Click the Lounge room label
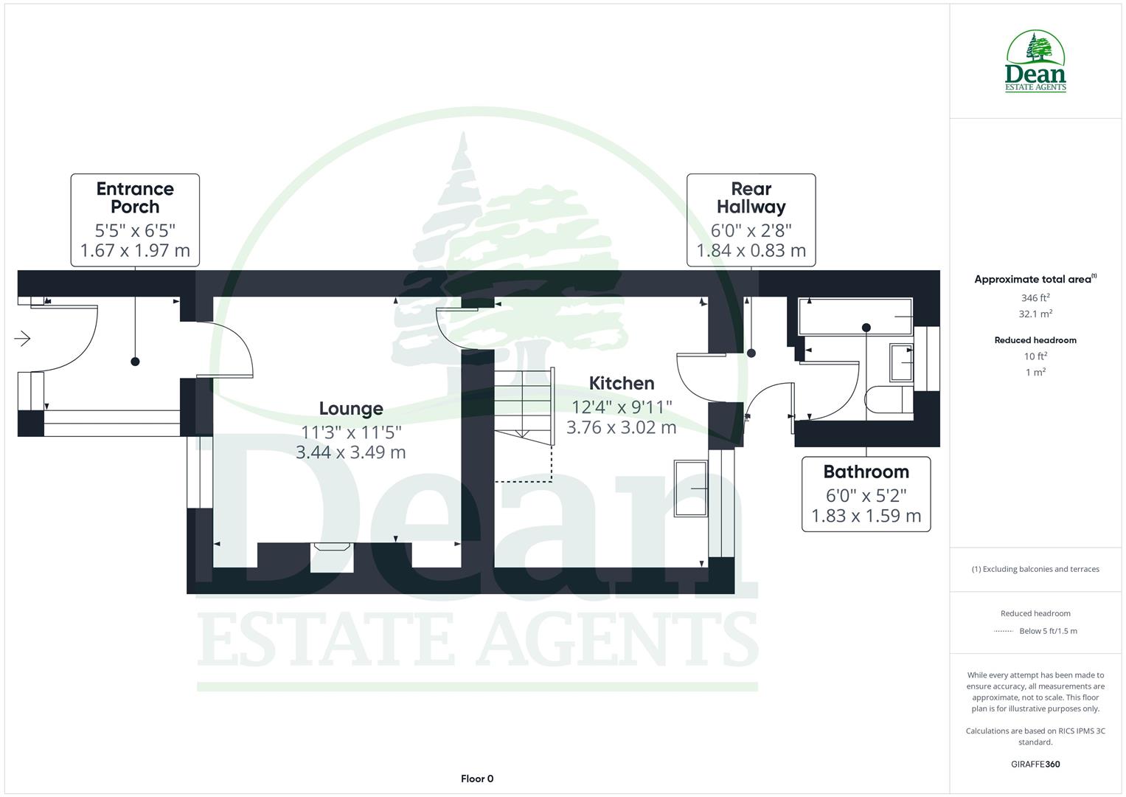tap(350, 408)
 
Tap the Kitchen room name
tap(622, 383)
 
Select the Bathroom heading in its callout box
tap(866, 472)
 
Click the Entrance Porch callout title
tap(135, 198)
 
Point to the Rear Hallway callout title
tap(751, 198)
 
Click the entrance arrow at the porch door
tap(22, 339)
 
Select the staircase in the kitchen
tap(523, 406)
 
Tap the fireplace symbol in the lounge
tap(331, 548)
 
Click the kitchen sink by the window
tap(690, 489)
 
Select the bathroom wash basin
tap(900, 362)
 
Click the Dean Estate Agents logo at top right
tap(1035, 62)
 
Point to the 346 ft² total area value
tap(1035, 297)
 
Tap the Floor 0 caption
tap(477, 779)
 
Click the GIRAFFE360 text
tap(1035, 764)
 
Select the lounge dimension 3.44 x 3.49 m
tap(350, 452)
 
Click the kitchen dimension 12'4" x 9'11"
tap(622, 407)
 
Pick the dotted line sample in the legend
tap(1004, 631)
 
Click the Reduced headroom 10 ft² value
tap(1035, 356)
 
